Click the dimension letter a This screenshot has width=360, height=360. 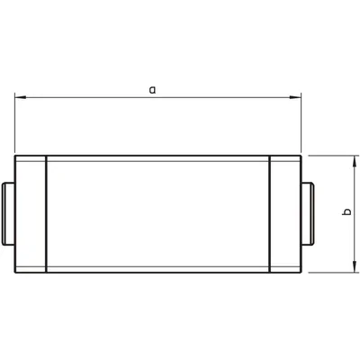pyautogui.click(x=153, y=89)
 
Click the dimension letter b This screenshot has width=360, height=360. pyautogui.click(x=347, y=212)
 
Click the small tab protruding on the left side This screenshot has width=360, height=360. pyautogui.click(x=8, y=214)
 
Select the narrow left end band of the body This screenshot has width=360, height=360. pyautogui.click(x=30, y=214)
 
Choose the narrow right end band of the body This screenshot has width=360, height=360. pyautogui.click(x=284, y=214)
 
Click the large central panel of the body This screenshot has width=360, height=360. pyautogui.click(x=157, y=214)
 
